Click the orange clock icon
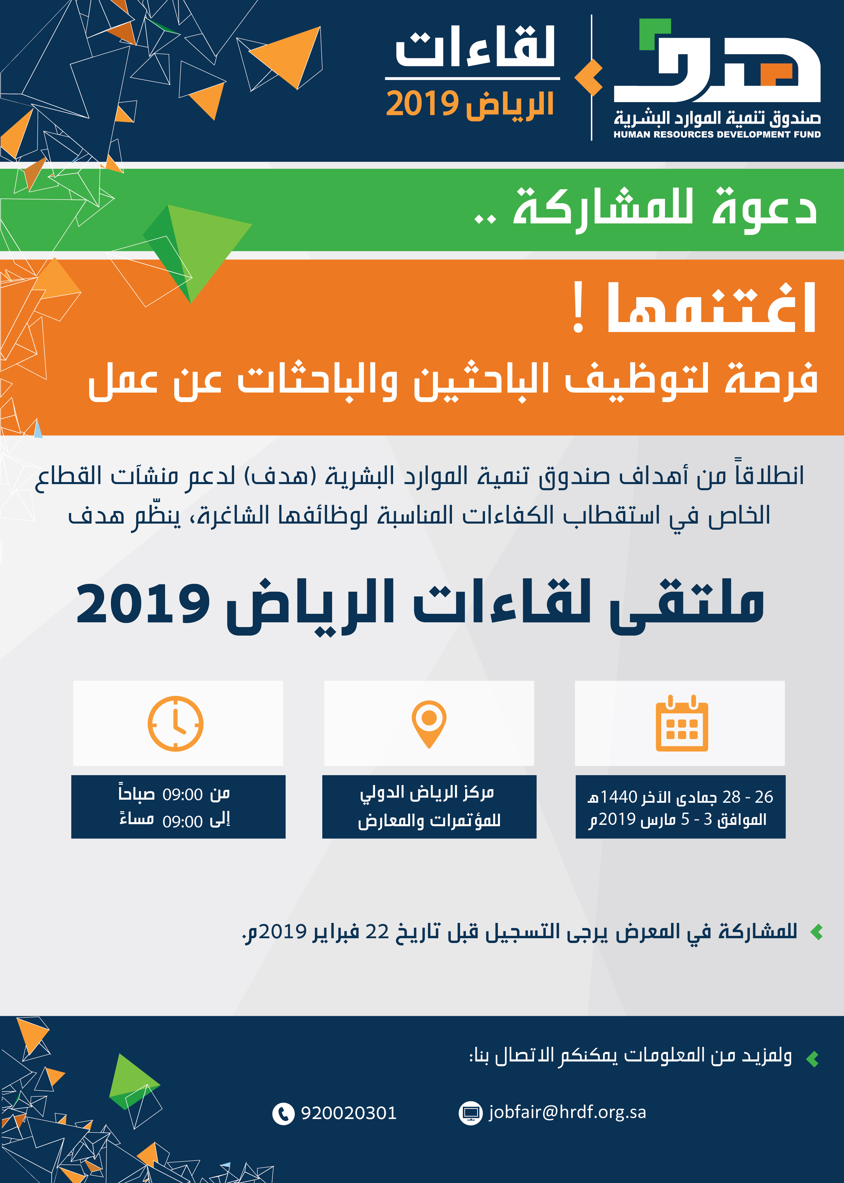tap(175, 723)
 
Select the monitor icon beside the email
tap(470, 1113)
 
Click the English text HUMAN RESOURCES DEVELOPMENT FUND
tap(717, 134)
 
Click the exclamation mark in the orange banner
tap(578, 307)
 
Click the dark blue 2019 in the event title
tap(143, 604)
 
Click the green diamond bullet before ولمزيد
tap(812, 1058)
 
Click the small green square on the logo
tap(654, 34)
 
